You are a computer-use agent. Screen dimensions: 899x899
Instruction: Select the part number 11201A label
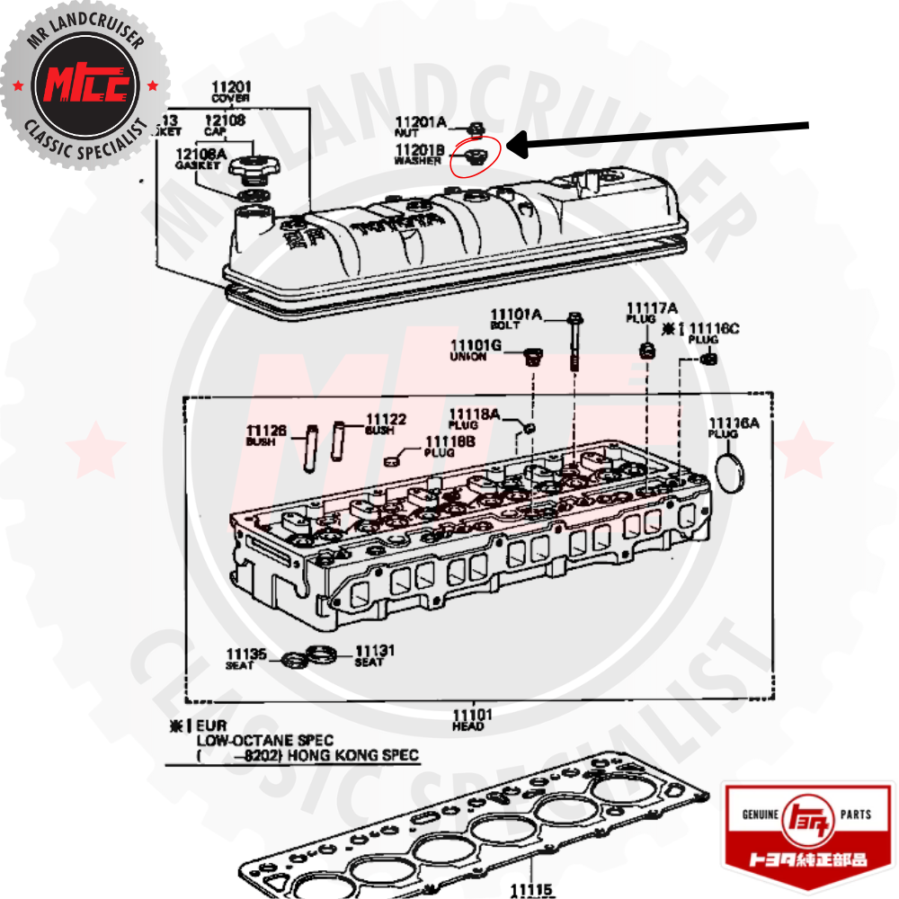pyautogui.click(x=421, y=120)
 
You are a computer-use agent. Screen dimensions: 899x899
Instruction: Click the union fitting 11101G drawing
pyautogui.click(x=533, y=359)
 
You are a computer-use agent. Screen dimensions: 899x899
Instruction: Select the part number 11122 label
pyautogui.click(x=386, y=419)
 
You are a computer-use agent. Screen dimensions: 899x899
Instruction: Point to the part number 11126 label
pyautogui.click(x=266, y=431)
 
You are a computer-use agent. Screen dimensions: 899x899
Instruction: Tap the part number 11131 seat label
pyautogui.click(x=375, y=650)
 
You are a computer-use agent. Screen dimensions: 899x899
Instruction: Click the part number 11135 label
pyautogui.click(x=246, y=654)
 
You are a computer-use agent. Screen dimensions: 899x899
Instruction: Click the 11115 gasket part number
pyautogui.click(x=532, y=889)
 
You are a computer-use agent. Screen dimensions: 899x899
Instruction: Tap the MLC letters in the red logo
pyautogui.click(x=86, y=85)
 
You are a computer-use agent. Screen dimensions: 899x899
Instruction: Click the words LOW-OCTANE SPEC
pyautogui.click(x=264, y=740)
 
